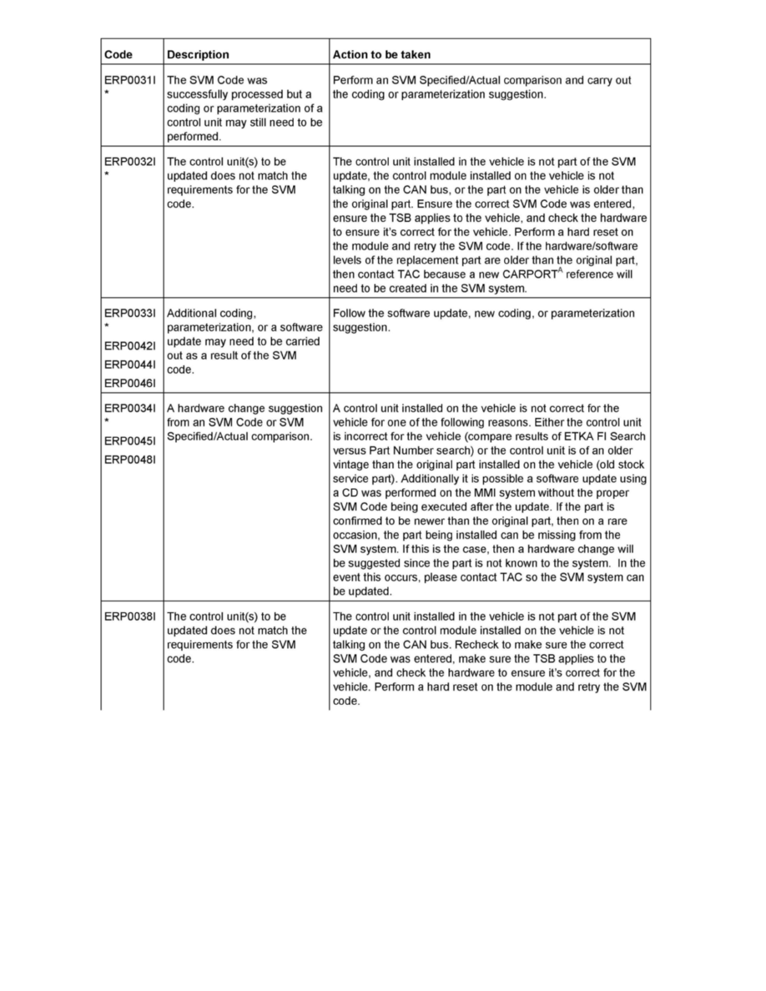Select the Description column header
(198, 55)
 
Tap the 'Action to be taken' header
(381, 55)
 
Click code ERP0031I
(129, 81)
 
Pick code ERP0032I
(129, 162)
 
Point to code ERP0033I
(129, 314)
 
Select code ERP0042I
(129, 346)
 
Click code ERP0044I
(129, 364)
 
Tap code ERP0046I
(129, 381)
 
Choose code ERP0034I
(129, 409)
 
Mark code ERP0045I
(129, 441)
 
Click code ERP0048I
(129, 459)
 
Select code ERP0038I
(129, 617)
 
